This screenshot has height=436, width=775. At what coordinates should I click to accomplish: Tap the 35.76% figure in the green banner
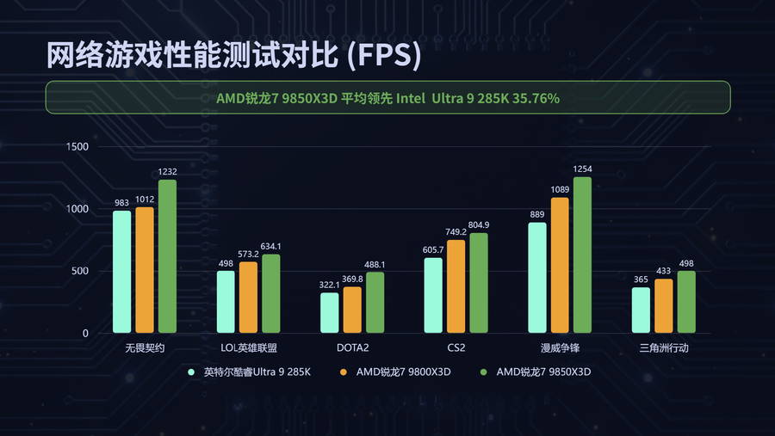(x=536, y=99)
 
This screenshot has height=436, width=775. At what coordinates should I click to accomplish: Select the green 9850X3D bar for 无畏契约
(x=167, y=256)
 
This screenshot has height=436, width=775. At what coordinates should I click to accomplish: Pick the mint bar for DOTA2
(x=330, y=313)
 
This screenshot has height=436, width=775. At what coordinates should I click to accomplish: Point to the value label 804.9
(x=478, y=225)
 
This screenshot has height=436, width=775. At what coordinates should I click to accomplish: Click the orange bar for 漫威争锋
(x=560, y=266)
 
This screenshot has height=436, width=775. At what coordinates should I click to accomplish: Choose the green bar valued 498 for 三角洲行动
(x=686, y=302)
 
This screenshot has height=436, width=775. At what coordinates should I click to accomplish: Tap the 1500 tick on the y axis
(x=77, y=147)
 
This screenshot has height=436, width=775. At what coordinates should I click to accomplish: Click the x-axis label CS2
(x=456, y=348)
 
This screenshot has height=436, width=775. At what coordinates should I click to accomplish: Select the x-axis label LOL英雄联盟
(x=249, y=348)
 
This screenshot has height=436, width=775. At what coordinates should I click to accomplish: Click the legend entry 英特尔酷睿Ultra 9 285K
(x=257, y=372)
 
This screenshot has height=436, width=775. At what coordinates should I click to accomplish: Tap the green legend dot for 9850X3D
(x=484, y=372)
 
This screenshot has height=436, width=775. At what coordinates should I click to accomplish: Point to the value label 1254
(x=582, y=169)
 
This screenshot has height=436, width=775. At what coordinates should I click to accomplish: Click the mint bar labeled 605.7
(x=433, y=296)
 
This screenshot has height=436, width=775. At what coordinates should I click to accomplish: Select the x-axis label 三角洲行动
(x=664, y=348)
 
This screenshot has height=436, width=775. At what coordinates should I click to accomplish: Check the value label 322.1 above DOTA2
(x=330, y=285)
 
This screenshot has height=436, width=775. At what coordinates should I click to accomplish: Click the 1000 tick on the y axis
(x=77, y=210)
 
